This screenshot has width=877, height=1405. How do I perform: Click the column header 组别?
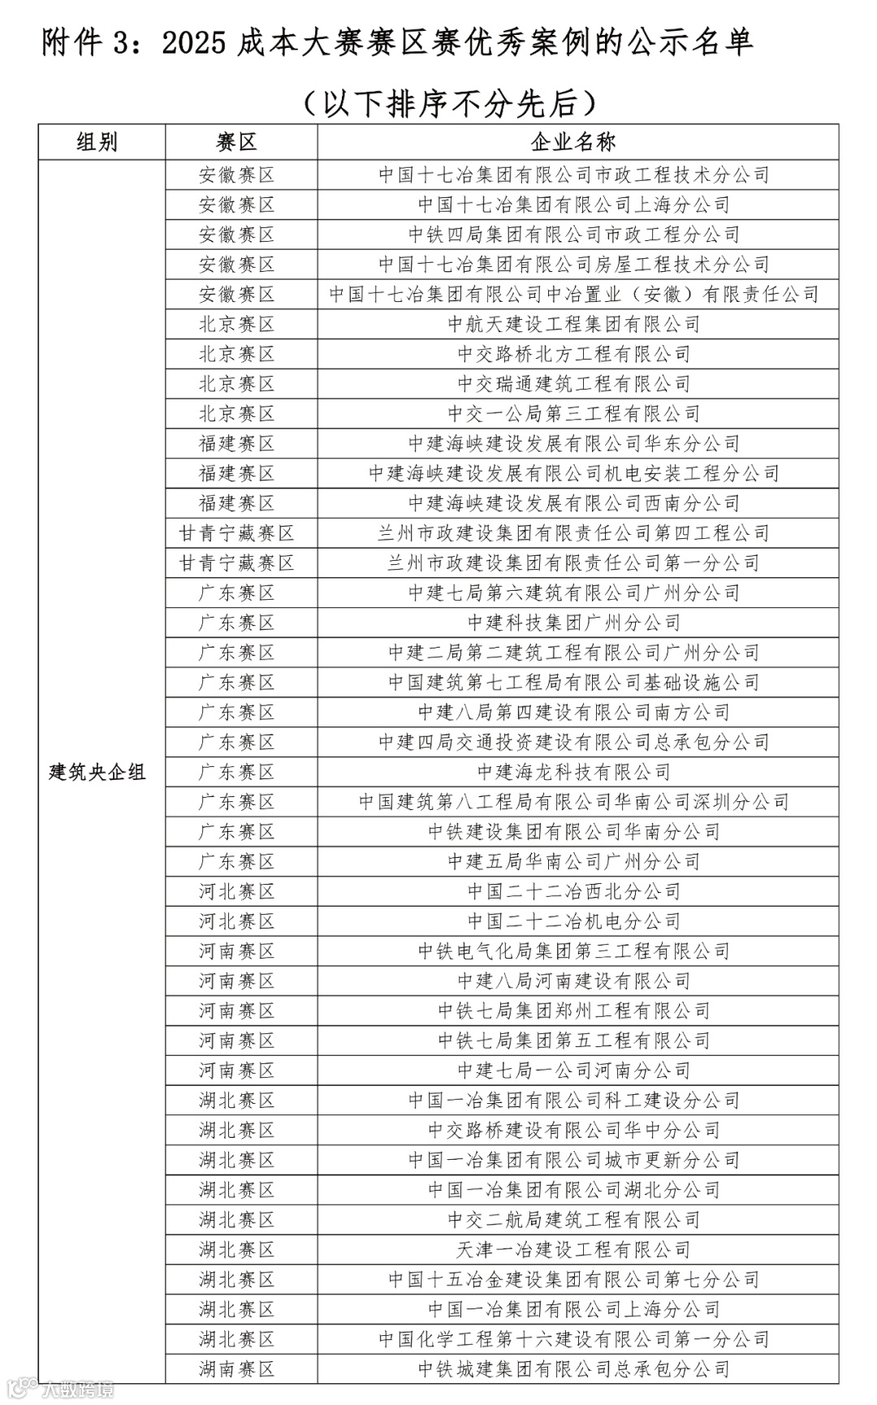(97, 142)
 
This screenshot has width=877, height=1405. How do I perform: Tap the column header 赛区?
(236, 142)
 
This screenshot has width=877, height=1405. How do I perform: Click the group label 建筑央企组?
(97, 772)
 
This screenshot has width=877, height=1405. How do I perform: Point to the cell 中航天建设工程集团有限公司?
(573, 324)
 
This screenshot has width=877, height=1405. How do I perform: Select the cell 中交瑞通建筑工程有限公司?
(573, 384)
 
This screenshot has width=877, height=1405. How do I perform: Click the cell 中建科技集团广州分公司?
(573, 623)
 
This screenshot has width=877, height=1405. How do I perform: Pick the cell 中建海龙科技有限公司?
(573, 772)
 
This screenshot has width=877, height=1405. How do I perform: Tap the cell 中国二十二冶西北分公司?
(573, 891)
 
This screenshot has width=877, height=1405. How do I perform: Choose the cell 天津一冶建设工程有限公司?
(573, 1250)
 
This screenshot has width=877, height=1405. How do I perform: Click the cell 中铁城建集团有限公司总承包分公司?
(573, 1369)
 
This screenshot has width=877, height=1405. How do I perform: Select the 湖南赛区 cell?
(236, 1369)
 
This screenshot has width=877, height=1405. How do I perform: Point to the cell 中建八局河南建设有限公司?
(573, 981)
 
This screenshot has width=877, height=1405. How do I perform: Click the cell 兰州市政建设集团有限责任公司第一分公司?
(573, 563)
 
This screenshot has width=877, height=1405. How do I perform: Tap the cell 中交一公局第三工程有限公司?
(573, 414)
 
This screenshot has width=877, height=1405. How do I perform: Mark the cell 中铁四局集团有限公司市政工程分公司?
(573, 235)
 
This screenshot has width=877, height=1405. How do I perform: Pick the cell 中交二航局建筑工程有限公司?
(573, 1220)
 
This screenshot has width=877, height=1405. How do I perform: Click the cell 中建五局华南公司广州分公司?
(573, 861)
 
